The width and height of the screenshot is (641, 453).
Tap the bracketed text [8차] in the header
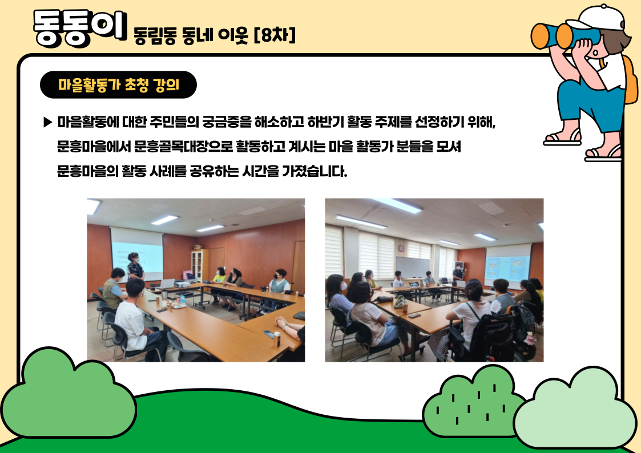tap(275, 35)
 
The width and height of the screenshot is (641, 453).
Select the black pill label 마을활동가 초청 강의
tap(118, 85)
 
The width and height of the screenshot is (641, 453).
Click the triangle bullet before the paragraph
tap(48, 122)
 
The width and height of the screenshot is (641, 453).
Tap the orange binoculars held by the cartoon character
tap(557, 36)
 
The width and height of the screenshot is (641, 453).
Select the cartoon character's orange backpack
tap(631, 80)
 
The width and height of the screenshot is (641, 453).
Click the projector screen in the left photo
tap(137, 249)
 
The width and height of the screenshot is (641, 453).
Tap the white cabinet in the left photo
tap(200, 265)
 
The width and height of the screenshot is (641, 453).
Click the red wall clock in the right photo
tap(401, 248)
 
